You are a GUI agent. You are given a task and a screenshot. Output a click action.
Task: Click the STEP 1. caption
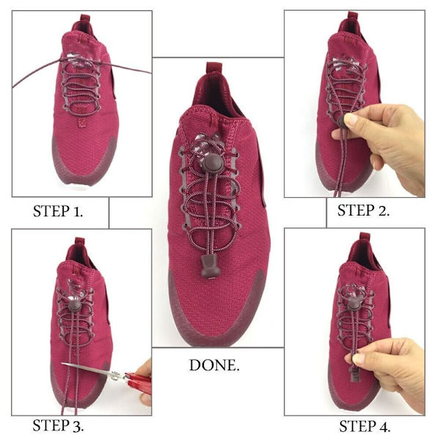click(58, 211)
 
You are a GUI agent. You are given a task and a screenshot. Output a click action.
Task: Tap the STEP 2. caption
click(364, 210)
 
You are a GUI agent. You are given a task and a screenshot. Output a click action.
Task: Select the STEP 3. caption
click(58, 425)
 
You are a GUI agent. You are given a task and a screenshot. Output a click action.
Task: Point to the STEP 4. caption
click(364, 427)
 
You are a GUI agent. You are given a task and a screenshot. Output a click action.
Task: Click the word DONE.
click(214, 365)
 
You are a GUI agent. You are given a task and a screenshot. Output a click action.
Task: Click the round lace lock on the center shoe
click(213, 164)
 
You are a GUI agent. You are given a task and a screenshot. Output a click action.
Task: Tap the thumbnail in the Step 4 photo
click(359, 359)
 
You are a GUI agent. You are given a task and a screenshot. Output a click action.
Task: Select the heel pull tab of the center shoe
click(214, 67)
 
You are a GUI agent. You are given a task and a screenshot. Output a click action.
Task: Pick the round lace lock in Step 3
click(75, 306)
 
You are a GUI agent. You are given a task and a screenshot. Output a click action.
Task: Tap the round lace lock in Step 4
click(354, 304)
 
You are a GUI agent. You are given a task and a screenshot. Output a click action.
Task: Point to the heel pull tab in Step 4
click(364, 237)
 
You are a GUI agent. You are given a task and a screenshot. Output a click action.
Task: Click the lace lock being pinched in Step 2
click(341, 121)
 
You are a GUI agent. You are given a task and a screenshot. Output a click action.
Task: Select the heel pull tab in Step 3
click(80, 241)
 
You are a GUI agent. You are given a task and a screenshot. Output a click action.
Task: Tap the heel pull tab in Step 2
click(353, 15)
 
